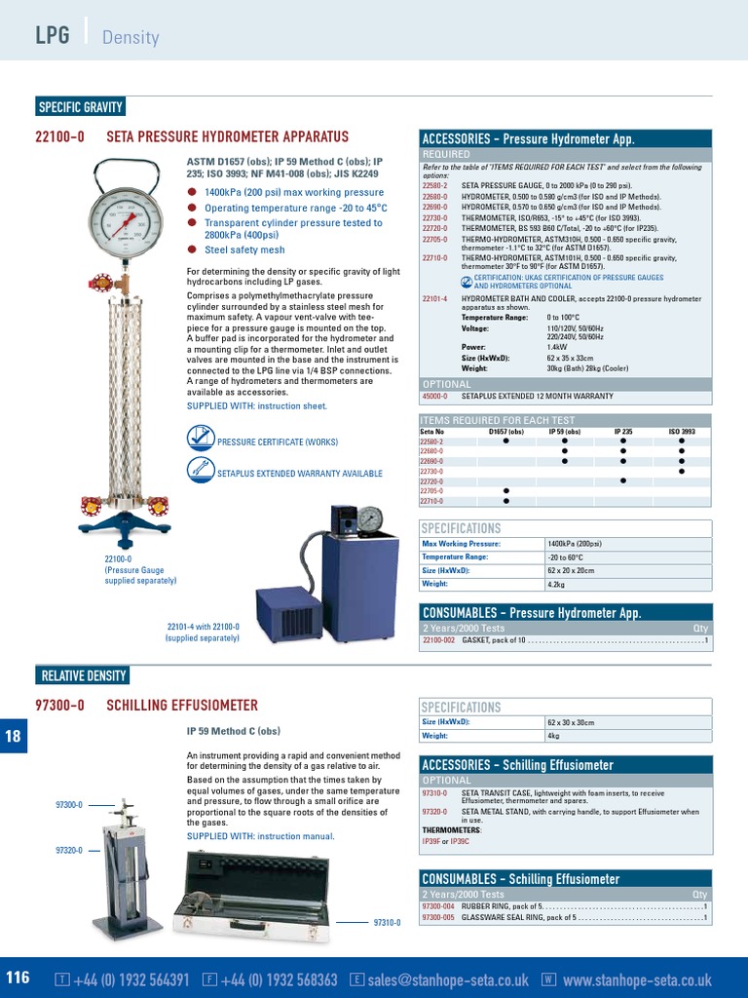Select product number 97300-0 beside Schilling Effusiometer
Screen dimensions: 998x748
pos(59,705)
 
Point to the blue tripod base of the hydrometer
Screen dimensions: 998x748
pos(125,527)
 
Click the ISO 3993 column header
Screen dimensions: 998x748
pos(681,432)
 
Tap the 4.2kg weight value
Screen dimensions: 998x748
pos(558,584)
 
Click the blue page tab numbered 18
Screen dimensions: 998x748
pos(14,737)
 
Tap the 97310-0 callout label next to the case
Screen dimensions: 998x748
pos(387,923)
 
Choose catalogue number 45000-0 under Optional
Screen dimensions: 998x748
pos(434,397)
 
